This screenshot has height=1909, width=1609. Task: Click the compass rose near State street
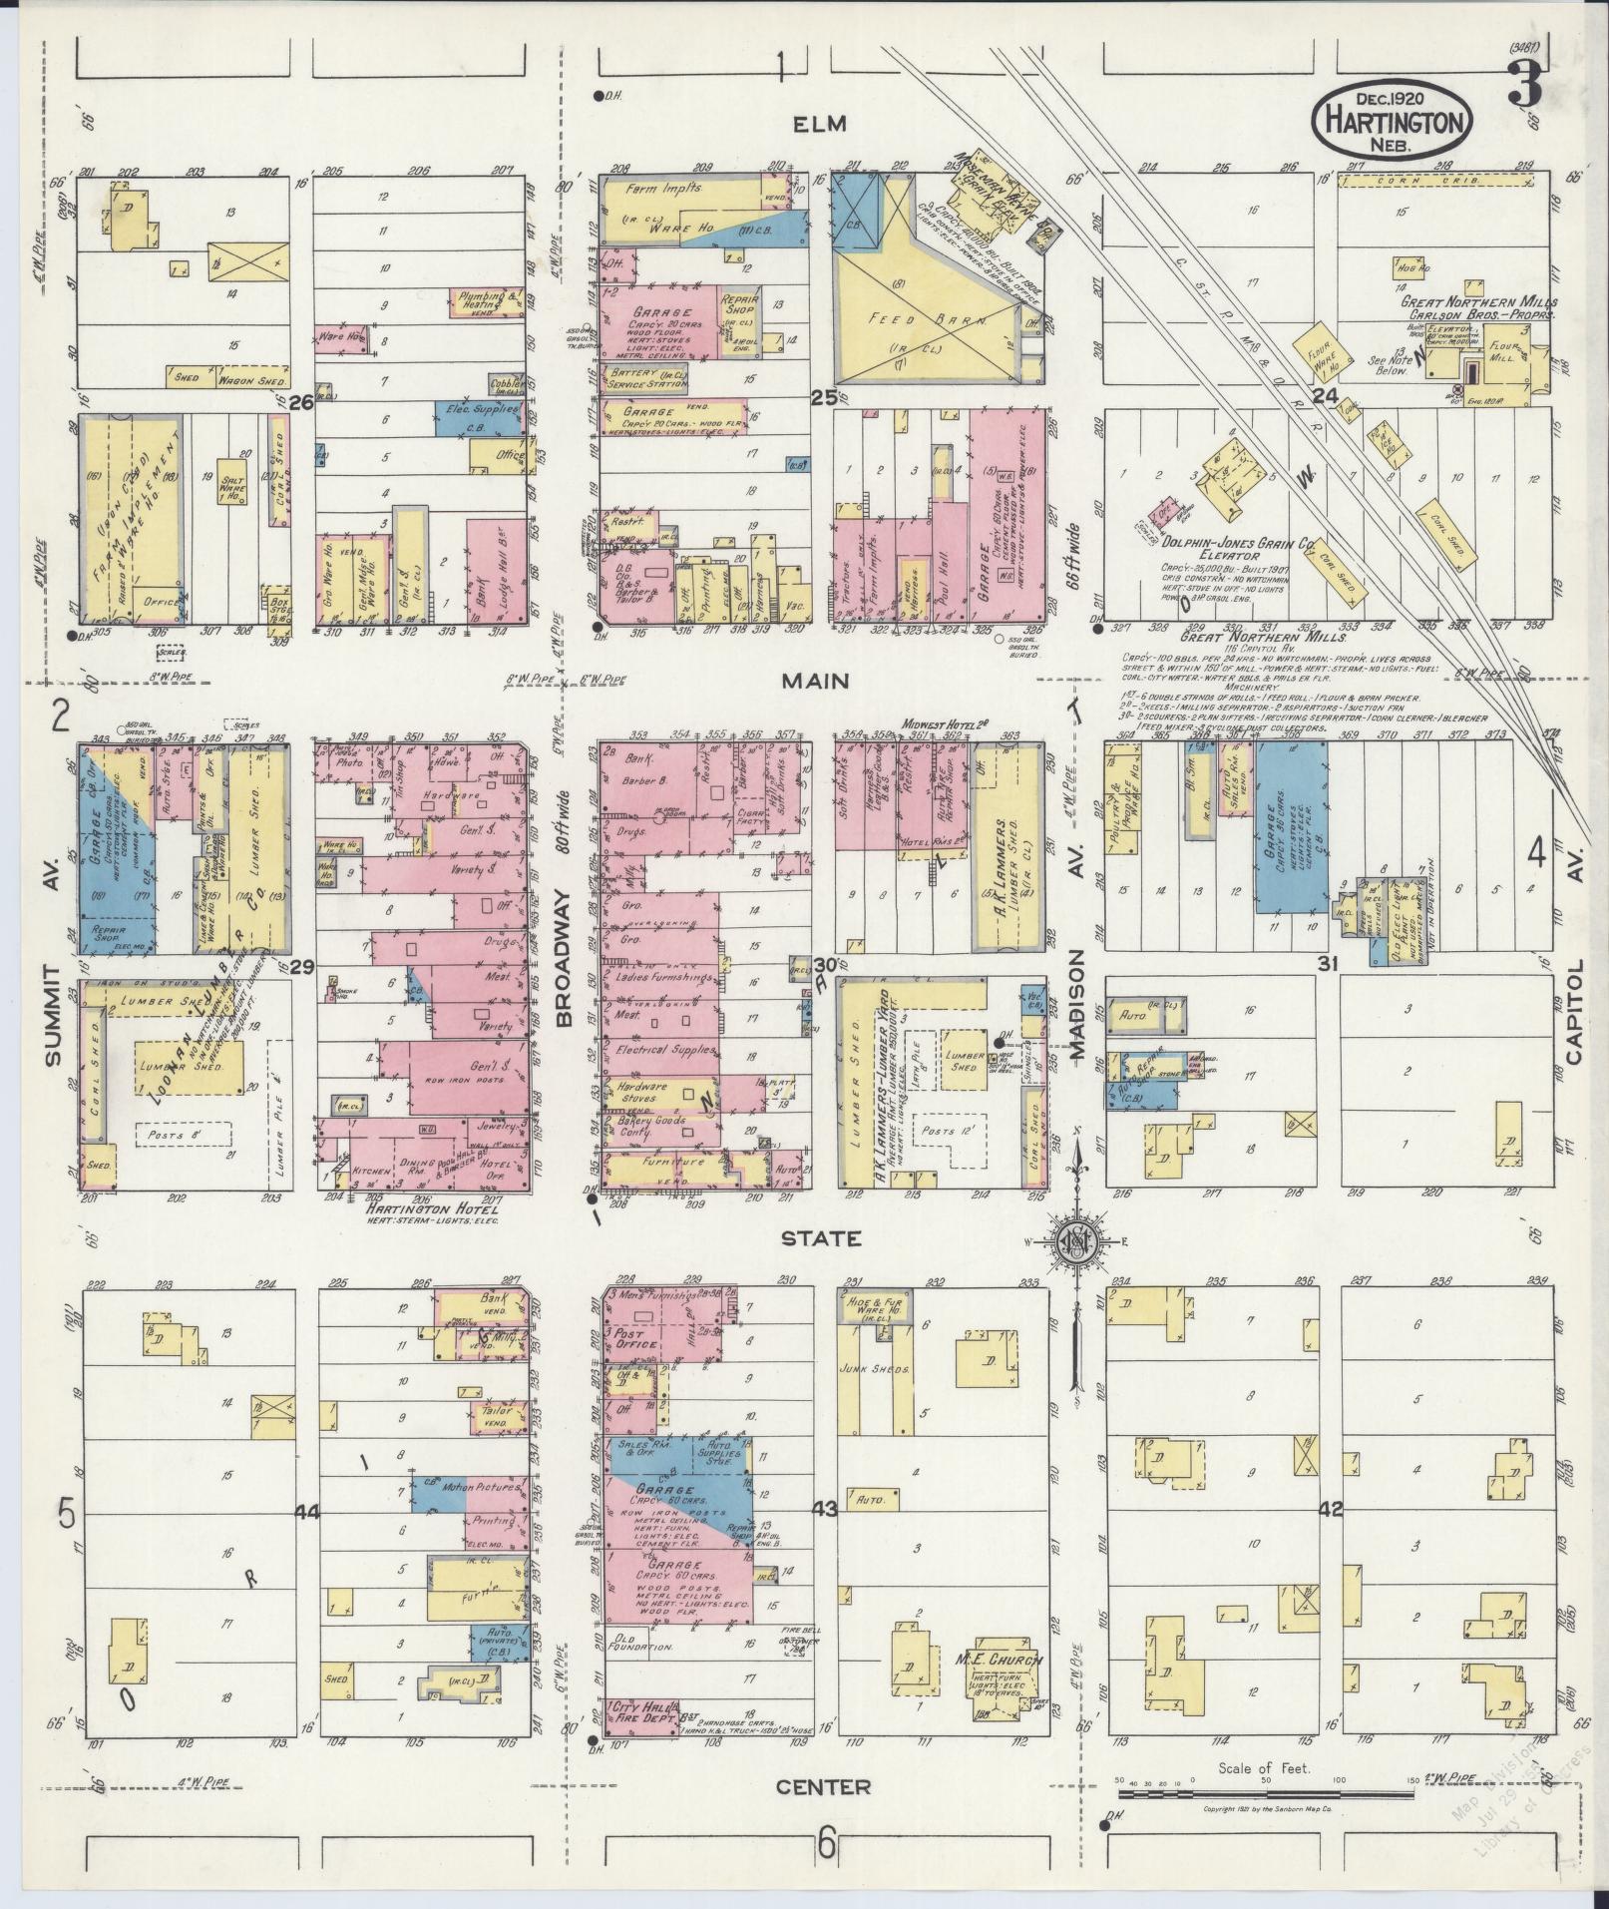(x=1077, y=1239)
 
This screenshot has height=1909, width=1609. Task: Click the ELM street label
(x=820, y=124)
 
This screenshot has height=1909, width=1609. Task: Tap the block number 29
(x=301, y=966)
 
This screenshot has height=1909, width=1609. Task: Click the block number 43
(x=824, y=1508)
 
